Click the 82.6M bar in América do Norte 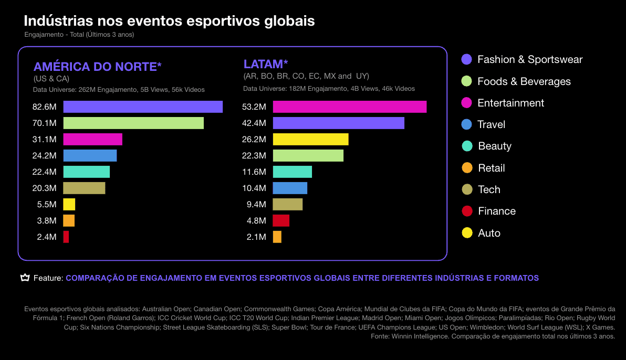point(143,107)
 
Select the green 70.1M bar point(133,123)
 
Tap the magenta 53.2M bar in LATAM point(349,107)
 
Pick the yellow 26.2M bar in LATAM point(310,140)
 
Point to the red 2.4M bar point(66,237)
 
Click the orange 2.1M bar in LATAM point(277,237)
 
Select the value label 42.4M point(254,123)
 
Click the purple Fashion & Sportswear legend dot point(466,59)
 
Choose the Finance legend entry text point(497,211)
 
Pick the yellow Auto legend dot point(467,233)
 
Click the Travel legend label point(491,125)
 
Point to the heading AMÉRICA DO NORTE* point(97,67)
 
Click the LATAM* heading point(266,65)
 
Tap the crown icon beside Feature point(25,278)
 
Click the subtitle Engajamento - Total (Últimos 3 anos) point(79,35)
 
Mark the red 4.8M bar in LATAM point(281,220)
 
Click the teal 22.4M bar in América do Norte point(87,172)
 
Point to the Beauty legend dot point(467,146)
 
